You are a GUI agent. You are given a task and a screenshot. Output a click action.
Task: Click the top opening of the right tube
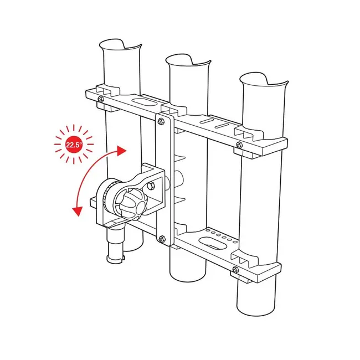coord(264,80)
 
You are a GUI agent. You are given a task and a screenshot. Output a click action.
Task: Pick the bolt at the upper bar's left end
coord(100,99)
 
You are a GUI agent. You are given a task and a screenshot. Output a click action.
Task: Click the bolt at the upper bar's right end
coord(239,145)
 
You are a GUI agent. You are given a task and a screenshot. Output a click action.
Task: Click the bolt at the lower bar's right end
coord(235,270)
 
